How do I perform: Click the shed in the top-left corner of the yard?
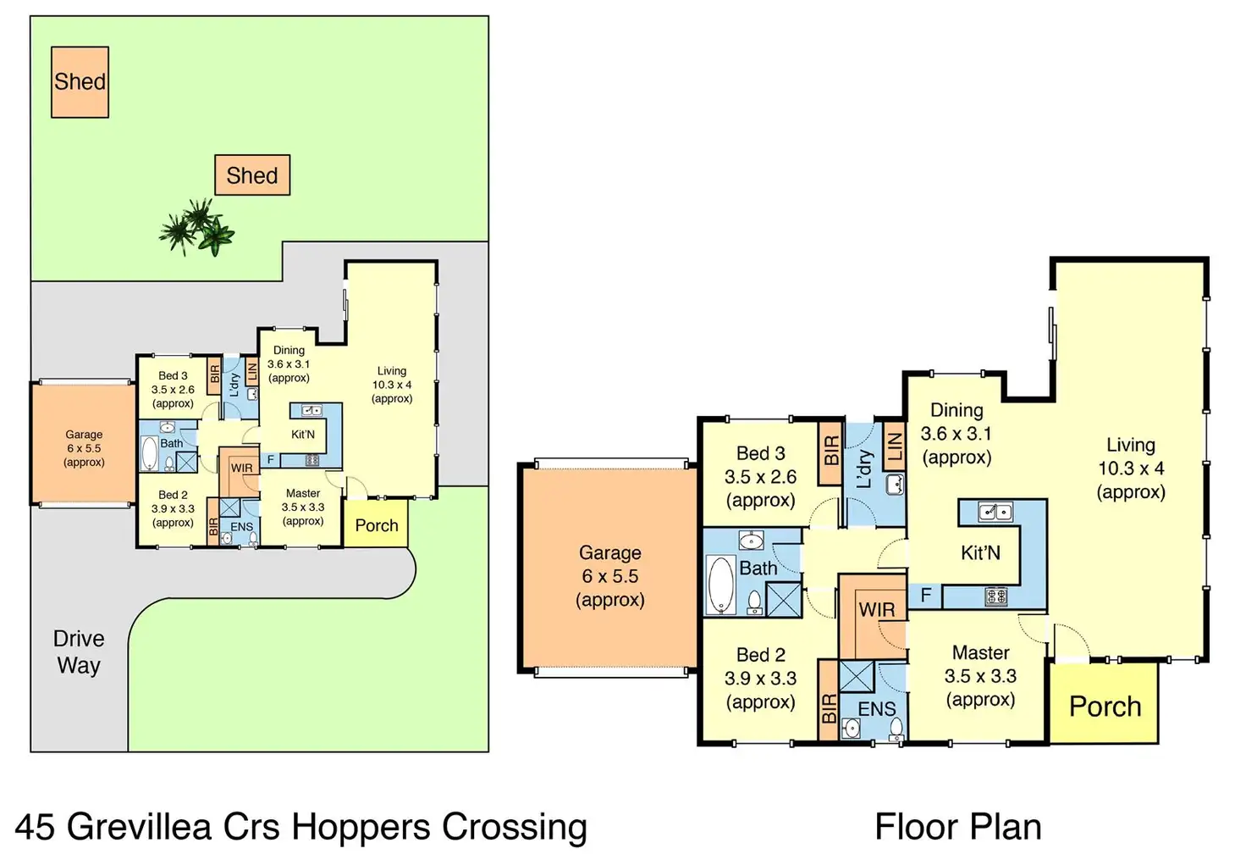80,81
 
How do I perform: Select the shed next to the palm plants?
252,175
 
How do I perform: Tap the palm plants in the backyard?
197,227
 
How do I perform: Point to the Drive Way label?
79,652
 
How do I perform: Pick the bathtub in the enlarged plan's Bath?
721,584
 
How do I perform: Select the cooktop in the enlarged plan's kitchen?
995,596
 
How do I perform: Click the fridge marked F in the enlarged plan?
925,596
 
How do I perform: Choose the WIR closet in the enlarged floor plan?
875,610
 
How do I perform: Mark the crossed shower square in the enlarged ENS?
856,678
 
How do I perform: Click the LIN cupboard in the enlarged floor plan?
893,447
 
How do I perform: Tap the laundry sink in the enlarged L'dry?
894,484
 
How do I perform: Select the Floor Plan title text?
957,827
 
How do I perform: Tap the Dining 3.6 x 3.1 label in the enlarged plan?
956,434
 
